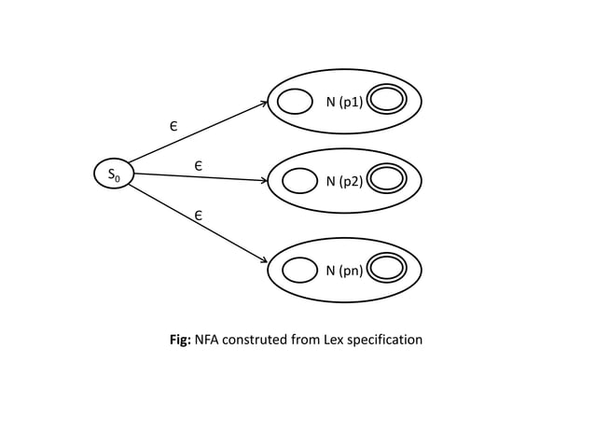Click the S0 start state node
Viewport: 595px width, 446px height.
click(x=114, y=174)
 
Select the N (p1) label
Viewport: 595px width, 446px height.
click(x=344, y=102)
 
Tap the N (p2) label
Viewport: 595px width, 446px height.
click(x=344, y=181)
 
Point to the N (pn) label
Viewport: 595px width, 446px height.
click(x=344, y=271)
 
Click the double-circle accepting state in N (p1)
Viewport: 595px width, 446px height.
click(x=387, y=100)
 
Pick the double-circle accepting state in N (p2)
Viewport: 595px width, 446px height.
click(x=387, y=179)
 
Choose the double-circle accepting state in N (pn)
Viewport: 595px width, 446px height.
click(x=387, y=269)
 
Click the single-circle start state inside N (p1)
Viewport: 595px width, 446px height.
click(x=295, y=101)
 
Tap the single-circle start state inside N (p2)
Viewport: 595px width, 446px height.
click(x=299, y=180)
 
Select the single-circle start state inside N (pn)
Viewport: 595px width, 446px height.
click(x=299, y=270)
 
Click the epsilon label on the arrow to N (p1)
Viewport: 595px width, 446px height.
click(x=173, y=125)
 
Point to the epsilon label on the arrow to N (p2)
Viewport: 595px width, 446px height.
click(x=198, y=165)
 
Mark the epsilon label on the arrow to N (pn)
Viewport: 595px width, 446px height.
click(x=198, y=216)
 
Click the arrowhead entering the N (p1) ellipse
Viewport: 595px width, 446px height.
click(x=265, y=104)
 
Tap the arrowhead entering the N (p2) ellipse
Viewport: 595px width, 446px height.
click(x=264, y=180)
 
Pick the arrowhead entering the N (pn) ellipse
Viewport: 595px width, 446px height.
click(x=265, y=261)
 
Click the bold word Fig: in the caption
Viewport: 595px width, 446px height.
click(x=179, y=340)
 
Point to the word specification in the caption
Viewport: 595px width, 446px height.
click(x=386, y=340)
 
